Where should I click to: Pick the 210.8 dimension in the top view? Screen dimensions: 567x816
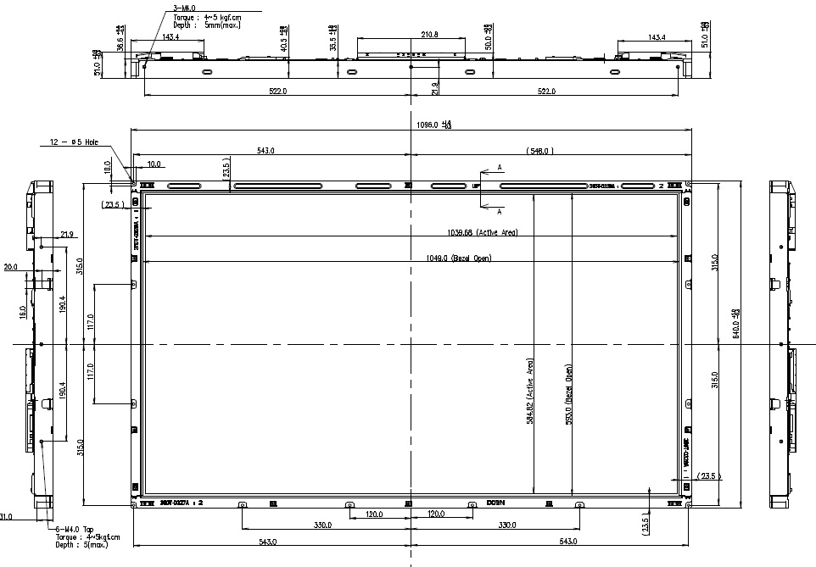point(411,35)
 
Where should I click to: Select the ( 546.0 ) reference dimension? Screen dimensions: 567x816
point(539,151)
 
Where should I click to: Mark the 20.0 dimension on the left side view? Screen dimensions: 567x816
point(10,267)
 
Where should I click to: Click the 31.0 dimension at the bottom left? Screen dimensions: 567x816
point(6,516)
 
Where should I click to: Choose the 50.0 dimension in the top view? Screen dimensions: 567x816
point(488,43)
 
